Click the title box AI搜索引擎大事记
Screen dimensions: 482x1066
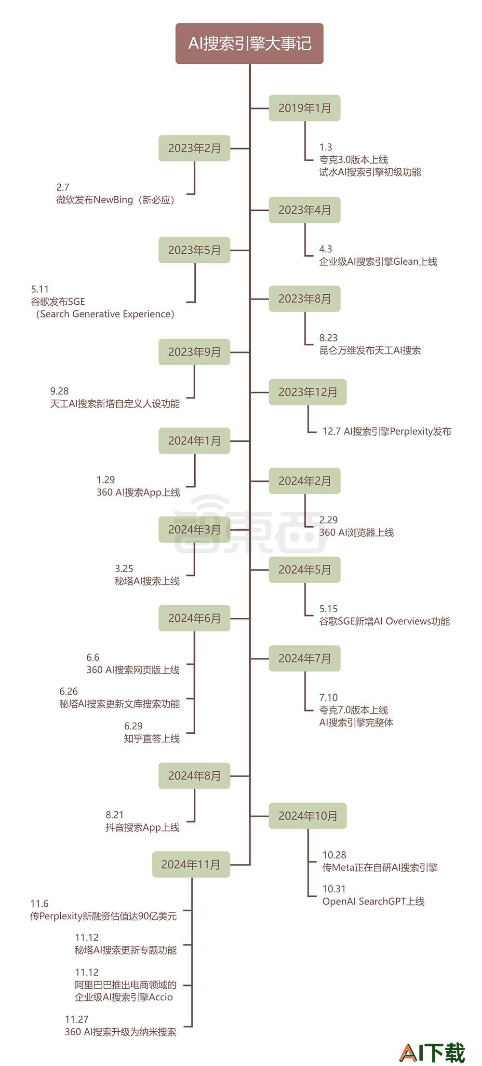(249, 43)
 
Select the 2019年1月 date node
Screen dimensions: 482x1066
(305, 108)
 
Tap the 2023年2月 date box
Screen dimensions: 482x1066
(194, 148)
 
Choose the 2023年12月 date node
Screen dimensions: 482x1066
(308, 392)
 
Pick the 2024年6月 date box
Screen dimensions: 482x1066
(194, 618)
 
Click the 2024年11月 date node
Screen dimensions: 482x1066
(191, 864)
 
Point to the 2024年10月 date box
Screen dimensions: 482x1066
(308, 816)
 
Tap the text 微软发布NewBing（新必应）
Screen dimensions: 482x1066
(116, 200)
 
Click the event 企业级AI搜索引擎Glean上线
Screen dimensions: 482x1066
(378, 261)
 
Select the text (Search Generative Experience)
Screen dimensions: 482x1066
(105, 314)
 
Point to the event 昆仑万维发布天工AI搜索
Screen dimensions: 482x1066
(370, 350)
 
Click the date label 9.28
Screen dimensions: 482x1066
(59, 391)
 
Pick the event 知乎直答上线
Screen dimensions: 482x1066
(152, 738)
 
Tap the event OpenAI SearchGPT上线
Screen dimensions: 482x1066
(374, 902)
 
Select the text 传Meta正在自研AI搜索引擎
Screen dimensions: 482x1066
(380, 867)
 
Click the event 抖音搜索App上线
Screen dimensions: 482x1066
(143, 827)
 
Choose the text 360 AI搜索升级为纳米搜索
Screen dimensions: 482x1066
(120, 1032)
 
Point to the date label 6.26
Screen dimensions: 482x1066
(68, 692)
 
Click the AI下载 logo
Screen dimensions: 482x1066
(433, 1052)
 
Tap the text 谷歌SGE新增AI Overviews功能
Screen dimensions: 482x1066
(385, 621)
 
